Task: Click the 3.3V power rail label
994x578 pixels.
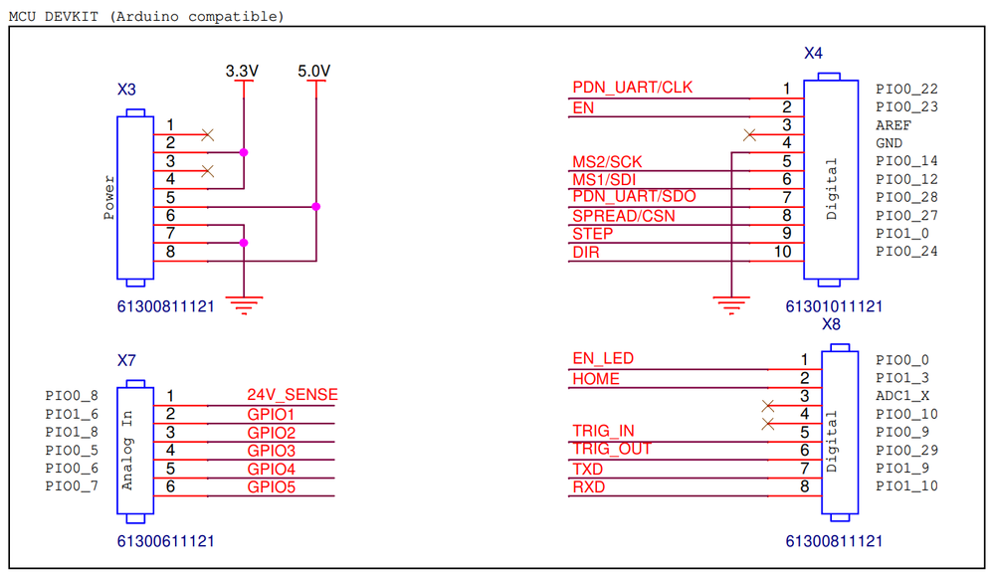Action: click(242, 72)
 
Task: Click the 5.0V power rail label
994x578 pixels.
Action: click(314, 72)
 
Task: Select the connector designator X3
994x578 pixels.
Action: click(126, 90)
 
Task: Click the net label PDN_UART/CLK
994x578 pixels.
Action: click(633, 88)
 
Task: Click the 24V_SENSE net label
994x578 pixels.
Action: click(293, 395)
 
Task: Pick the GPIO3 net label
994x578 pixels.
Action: click(271, 451)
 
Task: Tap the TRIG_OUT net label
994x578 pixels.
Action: click(612, 449)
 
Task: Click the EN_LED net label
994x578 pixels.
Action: click(603, 358)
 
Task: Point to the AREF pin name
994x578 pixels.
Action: click(893, 125)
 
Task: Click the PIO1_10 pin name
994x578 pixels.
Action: click(906, 486)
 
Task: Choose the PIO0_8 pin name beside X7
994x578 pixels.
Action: click(72, 396)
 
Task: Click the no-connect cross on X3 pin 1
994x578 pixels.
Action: click(207, 133)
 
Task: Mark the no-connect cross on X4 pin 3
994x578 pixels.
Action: click(749, 134)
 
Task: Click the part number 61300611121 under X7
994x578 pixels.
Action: click(165, 541)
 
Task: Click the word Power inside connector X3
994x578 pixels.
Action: click(109, 197)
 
